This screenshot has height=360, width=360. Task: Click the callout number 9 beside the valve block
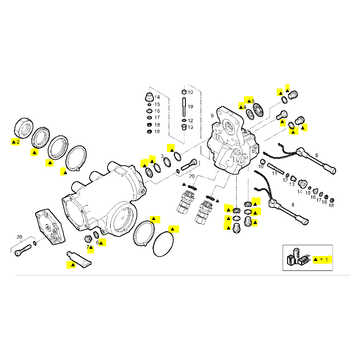(212, 116)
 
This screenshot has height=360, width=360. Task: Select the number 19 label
(190, 107)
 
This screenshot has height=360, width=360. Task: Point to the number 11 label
(274, 173)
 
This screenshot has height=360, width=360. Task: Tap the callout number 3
(162, 156)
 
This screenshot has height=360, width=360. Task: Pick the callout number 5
(253, 101)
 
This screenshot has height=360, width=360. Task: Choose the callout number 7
(88, 247)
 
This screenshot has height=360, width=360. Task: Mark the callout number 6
(97, 243)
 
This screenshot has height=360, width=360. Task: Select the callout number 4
(244, 107)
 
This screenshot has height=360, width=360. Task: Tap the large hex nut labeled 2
(22, 126)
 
